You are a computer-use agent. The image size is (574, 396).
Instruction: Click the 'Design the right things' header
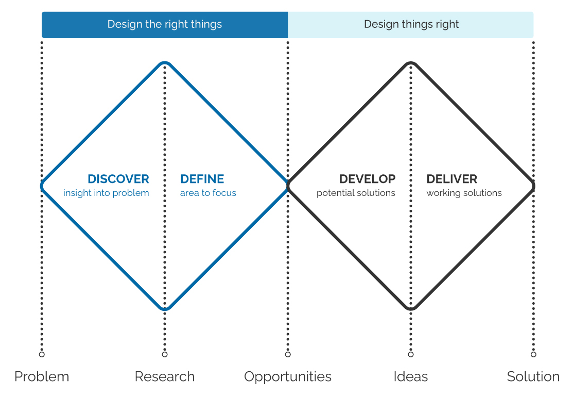click(165, 25)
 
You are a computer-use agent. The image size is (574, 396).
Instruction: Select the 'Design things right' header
click(411, 25)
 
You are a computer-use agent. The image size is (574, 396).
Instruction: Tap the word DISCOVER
click(118, 179)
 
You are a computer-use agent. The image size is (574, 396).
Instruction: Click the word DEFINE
click(202, 179)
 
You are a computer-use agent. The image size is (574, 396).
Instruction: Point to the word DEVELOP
click(367, 179)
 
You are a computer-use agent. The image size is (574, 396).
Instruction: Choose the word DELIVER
click(451, 179)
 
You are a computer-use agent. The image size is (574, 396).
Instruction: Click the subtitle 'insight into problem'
click(106, 193)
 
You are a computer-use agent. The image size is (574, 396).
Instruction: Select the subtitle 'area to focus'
click(208, 193)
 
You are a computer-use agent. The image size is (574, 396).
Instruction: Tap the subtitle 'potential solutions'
click(356, 193)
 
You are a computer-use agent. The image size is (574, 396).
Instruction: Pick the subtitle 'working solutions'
click(464, 193)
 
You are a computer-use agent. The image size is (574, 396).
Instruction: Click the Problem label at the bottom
click(42, 376)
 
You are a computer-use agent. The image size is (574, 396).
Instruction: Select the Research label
click(165, 376)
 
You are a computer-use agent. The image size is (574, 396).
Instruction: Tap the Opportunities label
click(288, 377)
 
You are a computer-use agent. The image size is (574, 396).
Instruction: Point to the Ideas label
click(411, 376)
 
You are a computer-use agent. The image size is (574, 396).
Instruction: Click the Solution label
click(533, 376)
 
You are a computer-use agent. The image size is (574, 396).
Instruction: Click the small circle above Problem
click(42, 354)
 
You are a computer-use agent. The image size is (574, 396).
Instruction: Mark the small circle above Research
click(165, 354)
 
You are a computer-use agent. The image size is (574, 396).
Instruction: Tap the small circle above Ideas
click(411, 354)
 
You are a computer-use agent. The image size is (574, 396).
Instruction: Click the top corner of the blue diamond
click(165, 62)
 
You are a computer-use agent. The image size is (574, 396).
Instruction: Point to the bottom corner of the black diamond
click(411, 309)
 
